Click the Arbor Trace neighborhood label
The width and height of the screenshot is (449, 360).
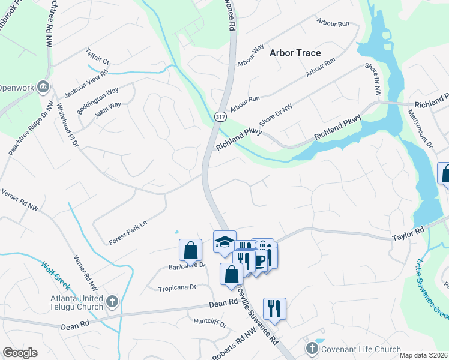[295, 53]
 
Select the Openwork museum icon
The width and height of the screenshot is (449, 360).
[43, 87]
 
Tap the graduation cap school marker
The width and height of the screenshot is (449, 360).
[224, 242]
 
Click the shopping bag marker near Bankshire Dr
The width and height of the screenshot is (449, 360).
[190, 250]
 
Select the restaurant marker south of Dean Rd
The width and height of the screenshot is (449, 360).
[274, 308]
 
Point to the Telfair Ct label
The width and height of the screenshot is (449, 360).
[98, 57]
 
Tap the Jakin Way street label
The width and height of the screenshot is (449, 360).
[107, 109]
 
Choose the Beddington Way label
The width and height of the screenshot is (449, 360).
[97, 101]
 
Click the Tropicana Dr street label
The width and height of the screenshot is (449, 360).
[177, 287]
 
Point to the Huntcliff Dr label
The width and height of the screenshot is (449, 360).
[209, 325]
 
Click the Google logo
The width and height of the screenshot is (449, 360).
[20, 353]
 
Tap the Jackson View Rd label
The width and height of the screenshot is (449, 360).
[86, 84]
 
